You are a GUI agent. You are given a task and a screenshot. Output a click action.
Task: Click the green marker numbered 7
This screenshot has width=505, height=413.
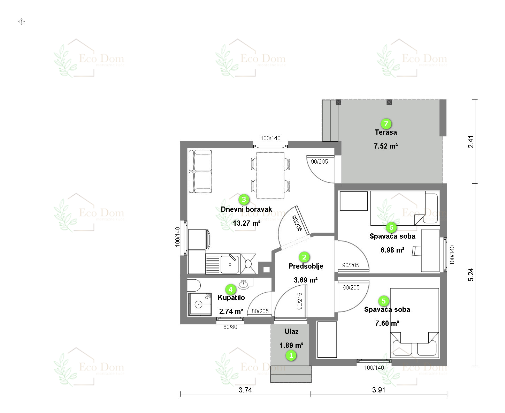(385, 124)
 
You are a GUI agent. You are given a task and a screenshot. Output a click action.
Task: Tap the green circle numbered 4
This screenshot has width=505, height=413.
(230, 290)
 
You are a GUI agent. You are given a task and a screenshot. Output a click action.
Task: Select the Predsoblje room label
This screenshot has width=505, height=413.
(306, 266)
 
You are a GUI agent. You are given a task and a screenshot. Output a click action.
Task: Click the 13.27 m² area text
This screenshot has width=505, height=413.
(246, 223)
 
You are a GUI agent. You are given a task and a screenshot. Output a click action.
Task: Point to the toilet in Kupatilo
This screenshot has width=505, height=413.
(194, 285)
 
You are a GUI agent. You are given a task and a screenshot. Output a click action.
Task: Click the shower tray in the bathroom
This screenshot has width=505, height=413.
(200, 304)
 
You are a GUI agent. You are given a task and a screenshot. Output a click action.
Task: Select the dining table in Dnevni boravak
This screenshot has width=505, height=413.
(270, 175)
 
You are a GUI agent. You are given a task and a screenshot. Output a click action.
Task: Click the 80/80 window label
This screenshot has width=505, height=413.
(230, 327)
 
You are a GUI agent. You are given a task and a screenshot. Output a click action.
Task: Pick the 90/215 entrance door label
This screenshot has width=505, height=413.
(300, 301)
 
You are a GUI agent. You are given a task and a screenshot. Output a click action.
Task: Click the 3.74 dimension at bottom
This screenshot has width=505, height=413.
(245, 390)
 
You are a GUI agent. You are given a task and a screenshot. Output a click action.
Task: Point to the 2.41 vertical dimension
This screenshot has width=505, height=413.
(471, 141)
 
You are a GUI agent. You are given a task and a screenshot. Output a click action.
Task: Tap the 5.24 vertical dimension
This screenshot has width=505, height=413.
(471, 275)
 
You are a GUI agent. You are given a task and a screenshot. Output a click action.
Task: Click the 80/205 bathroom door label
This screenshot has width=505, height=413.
(260, 311)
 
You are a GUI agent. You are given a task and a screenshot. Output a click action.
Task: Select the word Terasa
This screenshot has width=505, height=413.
(385, 132)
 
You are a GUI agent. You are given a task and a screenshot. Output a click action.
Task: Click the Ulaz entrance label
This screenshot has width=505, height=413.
(291, 331)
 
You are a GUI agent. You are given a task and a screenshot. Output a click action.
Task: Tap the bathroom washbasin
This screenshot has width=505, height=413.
(244, 284)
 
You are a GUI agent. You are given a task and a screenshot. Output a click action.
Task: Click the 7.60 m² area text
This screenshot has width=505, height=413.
(387, 323)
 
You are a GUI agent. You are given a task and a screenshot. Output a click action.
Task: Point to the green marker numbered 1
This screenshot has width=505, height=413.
(291, 356)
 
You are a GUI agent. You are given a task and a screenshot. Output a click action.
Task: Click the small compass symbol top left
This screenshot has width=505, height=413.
(22, 22)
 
